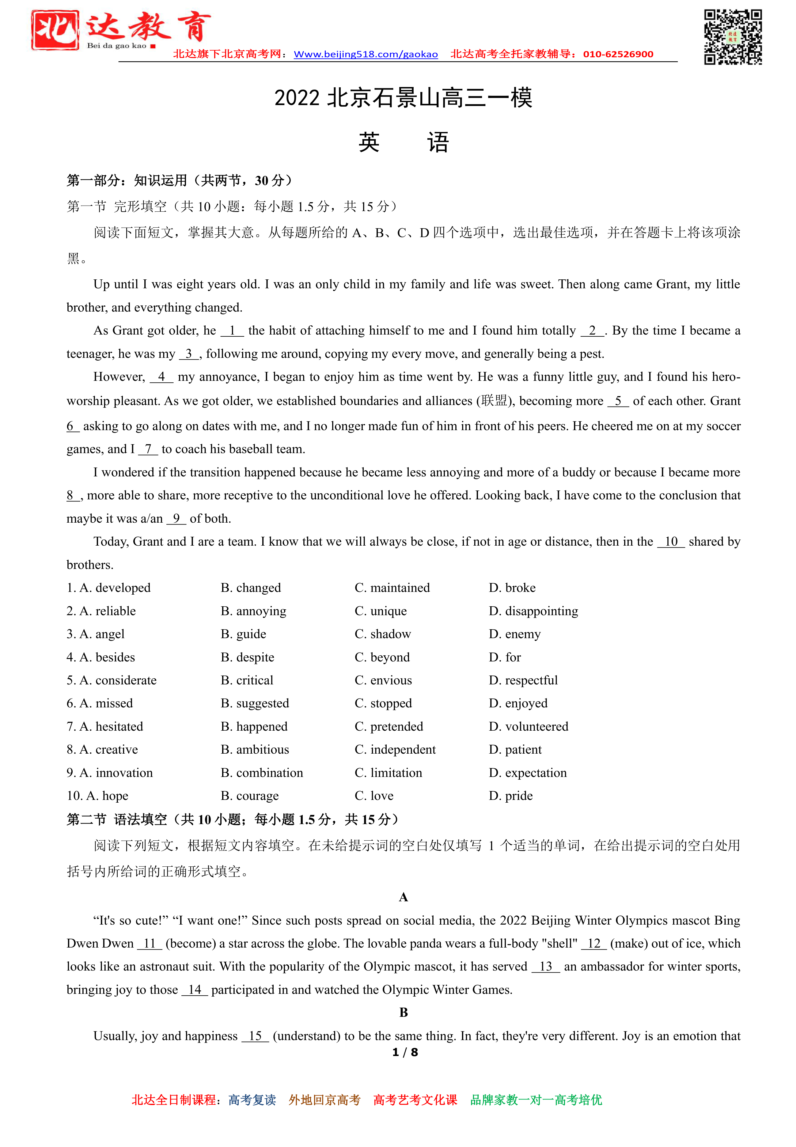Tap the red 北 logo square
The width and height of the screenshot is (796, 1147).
pyautogui.click(x=55, y=30)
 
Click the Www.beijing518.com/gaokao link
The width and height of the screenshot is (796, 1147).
pyautogui.click(x=366, y=54)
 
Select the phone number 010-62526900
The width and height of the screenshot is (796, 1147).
pyautogui.click(x=618, y=54)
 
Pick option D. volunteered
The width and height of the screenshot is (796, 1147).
pyautogui.click(x=528, y=727)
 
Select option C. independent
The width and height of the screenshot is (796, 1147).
pyautogui.click(x=395, y=750)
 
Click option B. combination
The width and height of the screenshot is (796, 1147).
pyautogui.click(x=262, y=773)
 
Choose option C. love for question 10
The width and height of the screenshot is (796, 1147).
pyautogui.click(x=374, y=796)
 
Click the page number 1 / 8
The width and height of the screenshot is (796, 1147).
pyautogui.click(x=405, y=1052)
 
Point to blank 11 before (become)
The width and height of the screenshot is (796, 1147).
pyautogui.click(x=150, y=944)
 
